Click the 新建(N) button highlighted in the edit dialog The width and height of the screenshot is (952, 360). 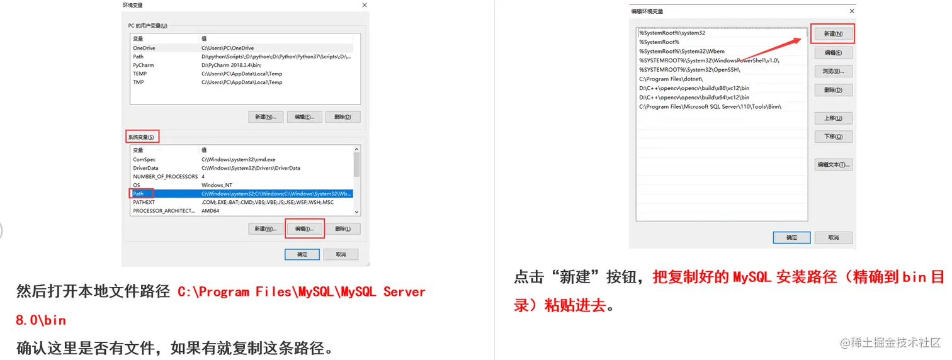tap(832, 33)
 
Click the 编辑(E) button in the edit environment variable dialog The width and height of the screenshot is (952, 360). tap(832, 53)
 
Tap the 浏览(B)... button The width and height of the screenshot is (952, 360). tap(832, 71)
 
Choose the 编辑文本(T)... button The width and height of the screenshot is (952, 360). tap(832, 164)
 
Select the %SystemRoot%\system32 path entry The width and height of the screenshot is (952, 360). tap(672, 33)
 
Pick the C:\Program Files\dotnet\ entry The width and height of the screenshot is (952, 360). tap(671, 79)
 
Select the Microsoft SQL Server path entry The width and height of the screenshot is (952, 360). tap(710, 107)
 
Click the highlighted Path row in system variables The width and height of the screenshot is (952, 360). tap(241, 194)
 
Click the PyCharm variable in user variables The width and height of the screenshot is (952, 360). tap(143, 65)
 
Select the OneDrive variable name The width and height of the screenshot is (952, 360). tap(144, 48)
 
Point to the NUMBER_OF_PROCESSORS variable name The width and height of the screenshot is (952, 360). tap(166, 176)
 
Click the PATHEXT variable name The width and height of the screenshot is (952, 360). tap(144, 202)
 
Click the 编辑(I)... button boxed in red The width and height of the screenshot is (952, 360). tap(304, 228)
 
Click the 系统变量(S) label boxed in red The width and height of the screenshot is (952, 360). tap(141, 137)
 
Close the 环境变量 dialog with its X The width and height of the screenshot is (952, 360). tap(364, 5)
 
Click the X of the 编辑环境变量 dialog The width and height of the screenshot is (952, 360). tap(852, 11)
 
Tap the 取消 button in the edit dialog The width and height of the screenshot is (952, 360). tap(833, 238)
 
